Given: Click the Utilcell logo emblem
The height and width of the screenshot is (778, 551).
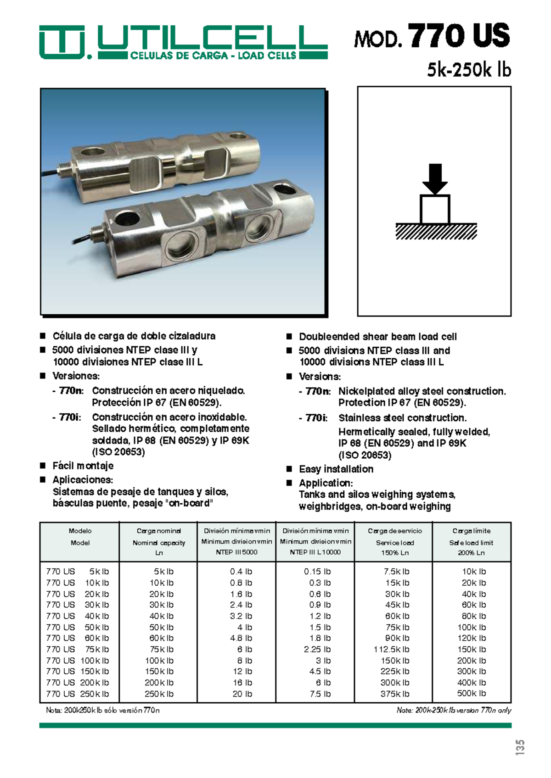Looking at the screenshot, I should (62, 42).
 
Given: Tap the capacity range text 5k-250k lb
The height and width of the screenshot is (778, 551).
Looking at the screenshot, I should (469, 70).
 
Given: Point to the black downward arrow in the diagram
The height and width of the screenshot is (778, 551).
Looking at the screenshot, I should (434, 178).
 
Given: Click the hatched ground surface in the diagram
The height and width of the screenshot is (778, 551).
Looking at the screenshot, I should (436, 232).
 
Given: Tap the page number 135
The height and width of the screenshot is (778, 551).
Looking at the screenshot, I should (519, 747).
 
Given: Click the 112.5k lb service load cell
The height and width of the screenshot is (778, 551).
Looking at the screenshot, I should (391, 650).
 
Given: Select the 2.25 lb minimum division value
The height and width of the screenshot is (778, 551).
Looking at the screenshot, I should (317, 650).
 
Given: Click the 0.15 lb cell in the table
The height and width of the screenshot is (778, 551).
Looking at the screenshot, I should (317, 572).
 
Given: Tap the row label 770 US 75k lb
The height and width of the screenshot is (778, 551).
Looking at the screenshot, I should (78, 650).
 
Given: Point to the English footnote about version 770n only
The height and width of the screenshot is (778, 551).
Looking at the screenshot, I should (454, 710).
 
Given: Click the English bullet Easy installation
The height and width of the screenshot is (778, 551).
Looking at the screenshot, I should (336, 469).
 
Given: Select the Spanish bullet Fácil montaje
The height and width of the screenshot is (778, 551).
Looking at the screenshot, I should (83, 466).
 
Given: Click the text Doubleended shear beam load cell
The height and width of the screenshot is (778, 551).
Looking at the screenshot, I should (377, 337).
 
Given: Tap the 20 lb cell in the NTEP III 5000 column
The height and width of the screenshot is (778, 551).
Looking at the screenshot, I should (242, 694).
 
